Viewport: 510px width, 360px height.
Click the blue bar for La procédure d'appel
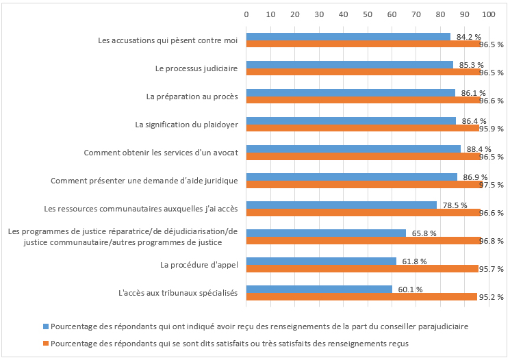pos(321,261)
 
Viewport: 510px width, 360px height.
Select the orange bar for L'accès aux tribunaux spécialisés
pos(361,297)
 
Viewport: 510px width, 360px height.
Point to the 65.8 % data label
pos(424,233)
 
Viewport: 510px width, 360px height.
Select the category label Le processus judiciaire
pos(196,68)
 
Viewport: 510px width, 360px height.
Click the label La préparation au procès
pos(192,97)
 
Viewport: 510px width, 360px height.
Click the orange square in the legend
pos(46,342)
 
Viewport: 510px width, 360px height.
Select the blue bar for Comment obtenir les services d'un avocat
pos(353,149)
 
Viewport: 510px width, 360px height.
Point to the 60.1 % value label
pos(410,290)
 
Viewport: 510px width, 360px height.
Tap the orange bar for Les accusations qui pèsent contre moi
pos(364,44)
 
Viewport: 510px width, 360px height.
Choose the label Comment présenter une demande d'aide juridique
pos(144,181)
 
